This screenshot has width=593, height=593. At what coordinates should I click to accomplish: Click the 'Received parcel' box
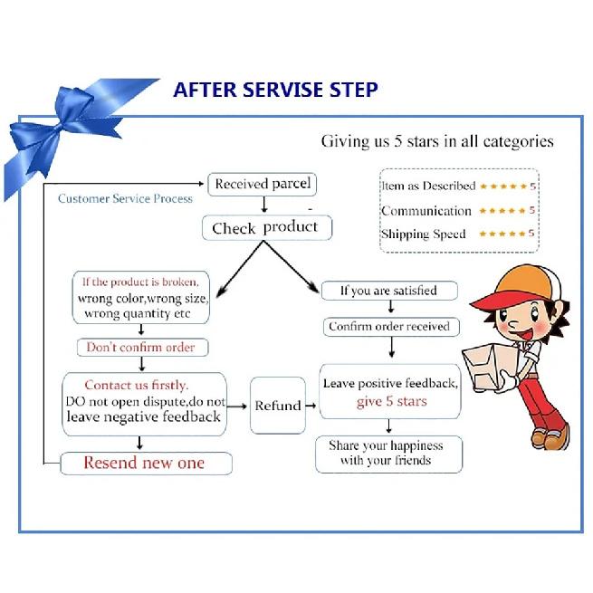(x=262, y=184)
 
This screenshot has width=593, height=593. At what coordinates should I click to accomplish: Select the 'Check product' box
(x=267, y=227)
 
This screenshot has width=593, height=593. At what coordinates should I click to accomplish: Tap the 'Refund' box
(x=278, y=405)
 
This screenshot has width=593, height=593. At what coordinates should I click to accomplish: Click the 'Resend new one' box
(x=146, y=463)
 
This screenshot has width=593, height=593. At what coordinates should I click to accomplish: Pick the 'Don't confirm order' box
(x=142, y=347)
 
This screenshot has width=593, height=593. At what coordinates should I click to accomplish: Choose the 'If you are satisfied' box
(x=389, y=291)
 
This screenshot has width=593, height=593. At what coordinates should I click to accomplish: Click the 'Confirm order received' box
(x=391, y=327)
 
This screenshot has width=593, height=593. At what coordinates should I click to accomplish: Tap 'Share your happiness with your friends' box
(x=388, y=454)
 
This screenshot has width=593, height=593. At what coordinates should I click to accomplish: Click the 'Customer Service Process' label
(x=125, y=198)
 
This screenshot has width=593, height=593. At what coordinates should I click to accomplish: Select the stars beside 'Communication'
(x=502, y=211)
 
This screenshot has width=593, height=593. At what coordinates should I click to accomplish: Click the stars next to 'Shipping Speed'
(x=502, y=234)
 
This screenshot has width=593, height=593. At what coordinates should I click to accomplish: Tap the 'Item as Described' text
(x=428, y=186)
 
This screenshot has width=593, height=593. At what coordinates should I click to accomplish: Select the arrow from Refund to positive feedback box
(x=311, y=406)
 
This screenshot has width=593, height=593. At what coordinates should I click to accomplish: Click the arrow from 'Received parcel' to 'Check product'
(x=264, y=205)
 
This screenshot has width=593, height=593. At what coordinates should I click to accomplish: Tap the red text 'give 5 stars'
(x=391, y=401)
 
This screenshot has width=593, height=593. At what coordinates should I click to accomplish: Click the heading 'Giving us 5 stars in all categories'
(x=437, y=141)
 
